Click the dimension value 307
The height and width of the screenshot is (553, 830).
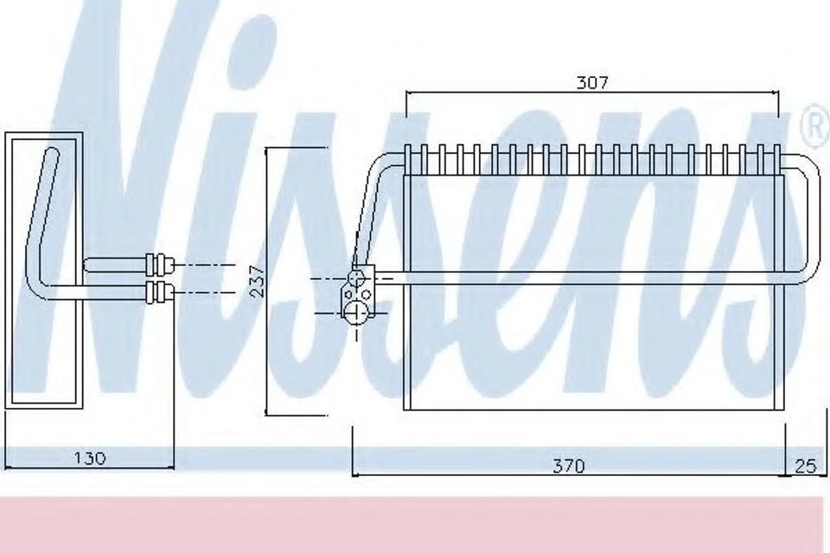pos(592,83)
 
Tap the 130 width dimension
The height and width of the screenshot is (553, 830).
pos(88,458)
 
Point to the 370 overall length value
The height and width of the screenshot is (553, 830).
pos(568,466)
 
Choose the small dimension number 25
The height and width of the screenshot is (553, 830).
pos(805,466)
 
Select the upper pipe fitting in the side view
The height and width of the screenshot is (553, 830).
pos(161,264)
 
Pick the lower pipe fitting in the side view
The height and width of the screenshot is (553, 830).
pos(161,290)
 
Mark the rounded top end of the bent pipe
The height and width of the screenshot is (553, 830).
pos(52,156)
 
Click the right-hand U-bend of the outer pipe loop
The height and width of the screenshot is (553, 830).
pos(809,216)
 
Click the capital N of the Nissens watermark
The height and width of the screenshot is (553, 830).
pos(130,216)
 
